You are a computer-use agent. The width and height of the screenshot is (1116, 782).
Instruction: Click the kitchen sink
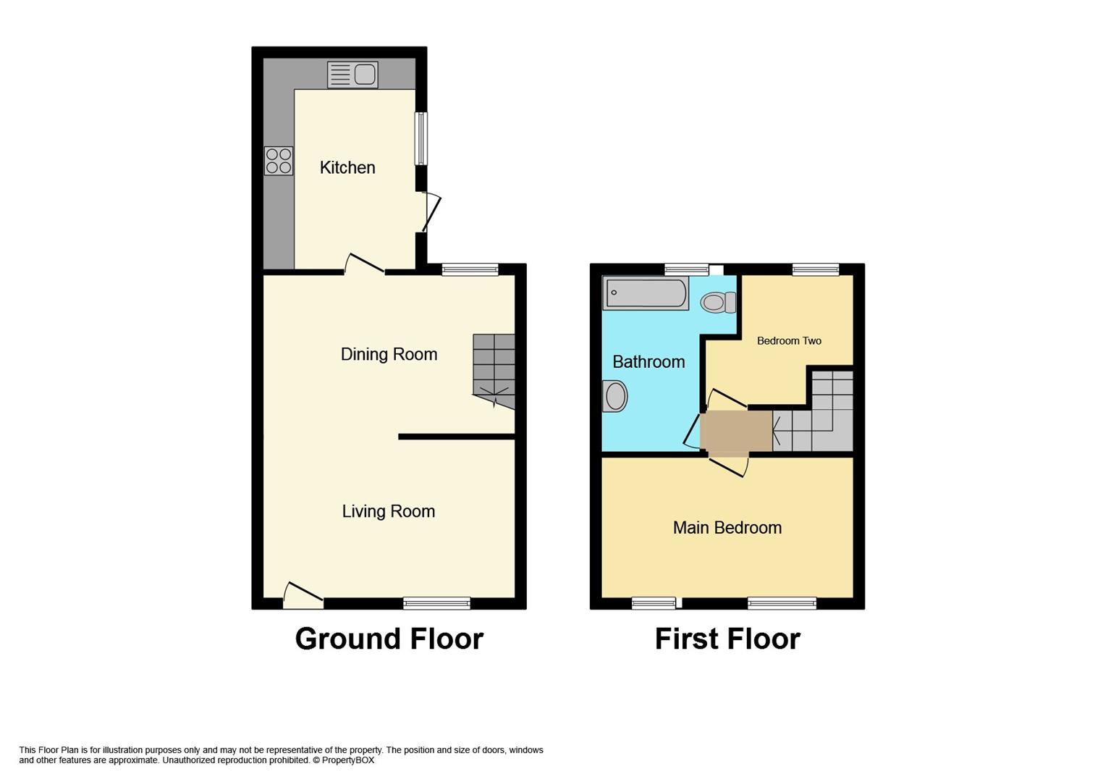[352, 75]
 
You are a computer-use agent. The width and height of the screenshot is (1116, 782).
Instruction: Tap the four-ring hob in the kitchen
[279, 161]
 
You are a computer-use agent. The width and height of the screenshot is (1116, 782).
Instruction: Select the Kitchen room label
[347, 167]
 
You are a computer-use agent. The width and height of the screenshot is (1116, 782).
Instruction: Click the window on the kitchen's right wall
[421, 138]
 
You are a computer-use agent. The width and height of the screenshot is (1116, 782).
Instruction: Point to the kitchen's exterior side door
[431, 213]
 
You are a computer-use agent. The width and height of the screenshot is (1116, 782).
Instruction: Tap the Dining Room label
[389, 354]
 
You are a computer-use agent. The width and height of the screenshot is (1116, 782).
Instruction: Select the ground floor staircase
[494, 371]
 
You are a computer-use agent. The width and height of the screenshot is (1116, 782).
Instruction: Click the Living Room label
[389, 511]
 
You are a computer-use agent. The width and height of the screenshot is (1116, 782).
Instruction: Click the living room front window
[437, 603]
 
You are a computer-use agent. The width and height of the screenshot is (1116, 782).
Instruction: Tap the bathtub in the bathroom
[646, 293]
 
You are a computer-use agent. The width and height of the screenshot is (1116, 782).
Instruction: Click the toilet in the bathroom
[719, 302]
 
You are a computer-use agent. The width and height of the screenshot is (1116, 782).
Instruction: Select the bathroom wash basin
[614, 396]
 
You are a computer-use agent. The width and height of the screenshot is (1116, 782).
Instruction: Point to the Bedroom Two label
[789, 341]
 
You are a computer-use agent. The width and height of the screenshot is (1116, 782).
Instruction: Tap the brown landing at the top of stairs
[736, 431]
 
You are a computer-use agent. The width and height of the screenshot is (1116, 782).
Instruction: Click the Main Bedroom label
[727, 528]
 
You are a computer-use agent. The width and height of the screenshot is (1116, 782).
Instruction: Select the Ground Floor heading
[389, 639]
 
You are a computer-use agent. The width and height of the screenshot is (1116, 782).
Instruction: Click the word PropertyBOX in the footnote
[347, 760]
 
